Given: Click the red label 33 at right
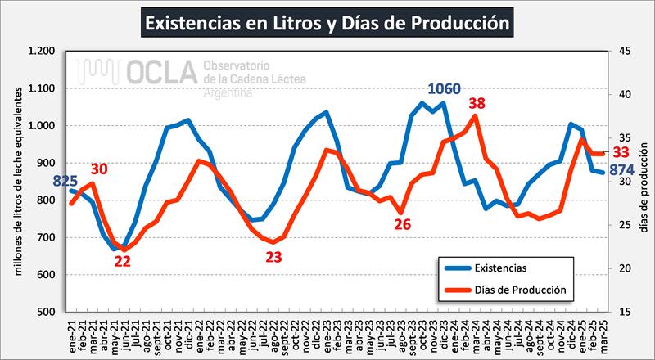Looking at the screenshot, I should pos(621,152).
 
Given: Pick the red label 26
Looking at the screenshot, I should pos(402,223).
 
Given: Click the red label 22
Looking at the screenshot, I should pos(122,262).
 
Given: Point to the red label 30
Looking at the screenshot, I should pos(99,169).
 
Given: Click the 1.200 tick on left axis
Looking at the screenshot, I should pos(41,52).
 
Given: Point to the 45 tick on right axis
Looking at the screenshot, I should pos(624,52).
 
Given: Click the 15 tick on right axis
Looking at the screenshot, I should pos(624,312).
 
